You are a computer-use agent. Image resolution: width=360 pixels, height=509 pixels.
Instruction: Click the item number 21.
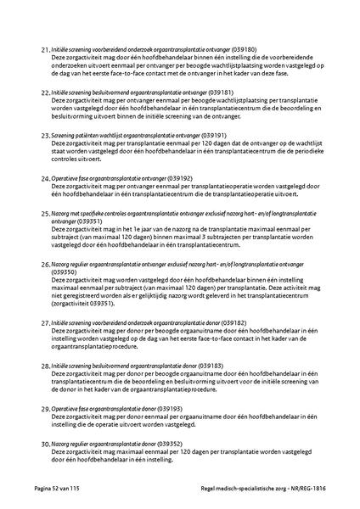tap(45, 51)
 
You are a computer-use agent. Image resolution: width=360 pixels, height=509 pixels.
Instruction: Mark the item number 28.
tap(45, 366)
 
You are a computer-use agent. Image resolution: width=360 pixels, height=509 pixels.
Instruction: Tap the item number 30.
tap(45, 444)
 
